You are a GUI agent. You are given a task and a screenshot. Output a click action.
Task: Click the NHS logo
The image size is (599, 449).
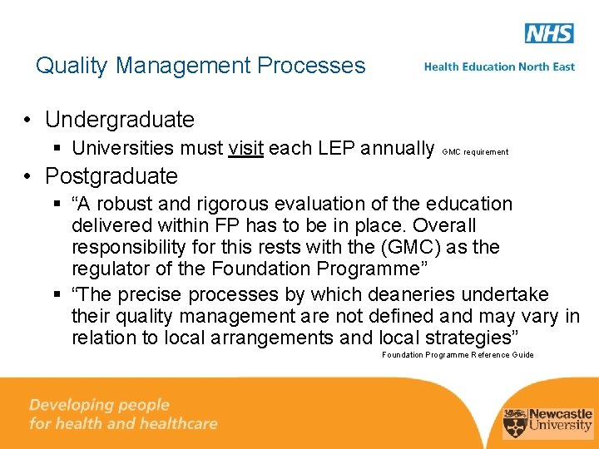549,33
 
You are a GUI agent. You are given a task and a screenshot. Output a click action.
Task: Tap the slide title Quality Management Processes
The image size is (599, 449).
200,66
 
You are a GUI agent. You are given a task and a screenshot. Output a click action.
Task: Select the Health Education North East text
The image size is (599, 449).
499,67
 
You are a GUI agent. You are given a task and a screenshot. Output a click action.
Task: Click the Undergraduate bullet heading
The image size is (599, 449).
119,120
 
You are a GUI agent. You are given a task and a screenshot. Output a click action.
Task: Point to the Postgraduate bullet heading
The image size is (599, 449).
111,176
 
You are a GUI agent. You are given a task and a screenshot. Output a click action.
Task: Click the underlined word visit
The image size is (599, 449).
245,149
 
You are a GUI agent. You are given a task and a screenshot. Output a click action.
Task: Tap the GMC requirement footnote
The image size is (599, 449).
475,152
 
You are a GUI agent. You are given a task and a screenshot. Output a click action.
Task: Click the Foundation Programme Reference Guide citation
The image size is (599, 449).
458,355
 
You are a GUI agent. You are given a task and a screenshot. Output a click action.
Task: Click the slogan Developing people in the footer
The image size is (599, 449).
99,405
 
